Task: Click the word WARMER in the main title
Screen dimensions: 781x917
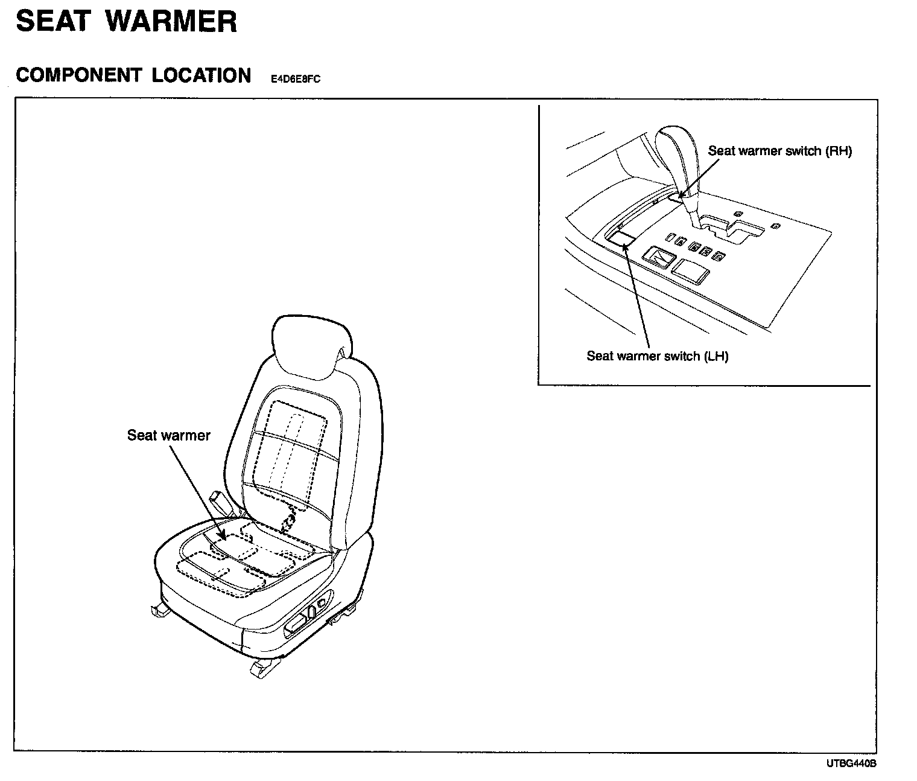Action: pyautogui.click(x=171, y=22)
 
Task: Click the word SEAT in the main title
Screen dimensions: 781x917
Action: pyautogui.click(x=53, y=22)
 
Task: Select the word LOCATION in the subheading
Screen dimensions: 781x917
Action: pyautogui.click(x=201, y=75)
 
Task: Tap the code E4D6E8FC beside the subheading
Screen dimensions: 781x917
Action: pyautogui.click(x=295, y=79)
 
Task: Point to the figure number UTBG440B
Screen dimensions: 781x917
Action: pyautogui.click(x=851, y=764)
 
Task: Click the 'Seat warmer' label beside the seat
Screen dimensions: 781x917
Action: pyautogui.click(x=168, y=435)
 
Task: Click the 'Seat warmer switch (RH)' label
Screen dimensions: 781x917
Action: pyautogui.click(x=779, y=151)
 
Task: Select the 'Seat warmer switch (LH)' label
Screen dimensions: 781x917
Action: pyautogui.click(x=657, y=356)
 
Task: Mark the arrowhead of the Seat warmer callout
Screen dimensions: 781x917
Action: pyautogui.click(x=223, y=536)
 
